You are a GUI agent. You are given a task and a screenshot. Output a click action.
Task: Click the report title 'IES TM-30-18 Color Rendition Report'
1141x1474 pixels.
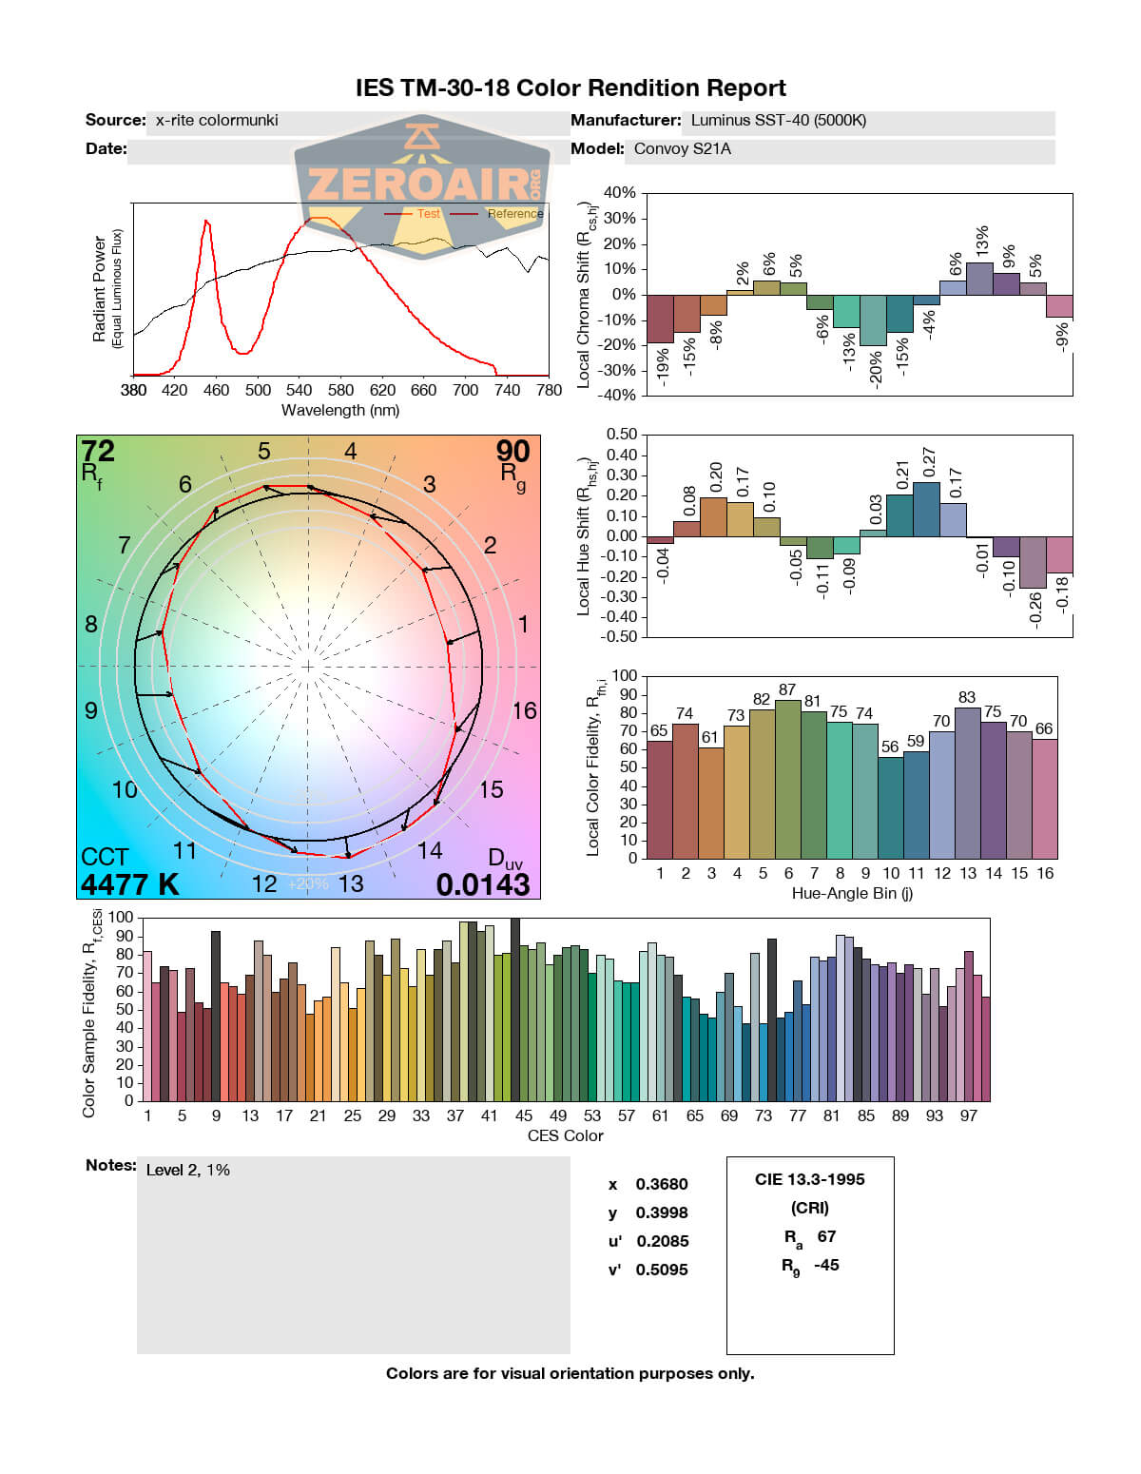tap(570, 88)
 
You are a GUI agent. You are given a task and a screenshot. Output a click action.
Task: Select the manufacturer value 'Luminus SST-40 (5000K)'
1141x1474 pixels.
tap(778, 121)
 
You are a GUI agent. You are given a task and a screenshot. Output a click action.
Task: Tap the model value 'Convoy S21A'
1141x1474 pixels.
tap(682, 149)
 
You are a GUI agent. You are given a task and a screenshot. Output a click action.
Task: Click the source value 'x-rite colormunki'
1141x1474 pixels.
tap(217, 121)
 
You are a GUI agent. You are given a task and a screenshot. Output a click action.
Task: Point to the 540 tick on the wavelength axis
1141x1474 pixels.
tap(299, 390)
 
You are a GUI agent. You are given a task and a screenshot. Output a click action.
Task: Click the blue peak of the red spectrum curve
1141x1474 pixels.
tap(205, 222)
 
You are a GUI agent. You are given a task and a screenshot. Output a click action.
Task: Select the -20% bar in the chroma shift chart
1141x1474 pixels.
tap(873, 320)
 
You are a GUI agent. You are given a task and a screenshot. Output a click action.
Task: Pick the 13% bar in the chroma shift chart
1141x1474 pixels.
tap(979, 279)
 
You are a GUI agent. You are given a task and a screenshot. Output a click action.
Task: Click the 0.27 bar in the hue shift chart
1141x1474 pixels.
tap(926, 509)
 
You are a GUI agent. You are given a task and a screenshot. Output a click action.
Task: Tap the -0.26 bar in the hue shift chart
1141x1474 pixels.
tap(1033, 562)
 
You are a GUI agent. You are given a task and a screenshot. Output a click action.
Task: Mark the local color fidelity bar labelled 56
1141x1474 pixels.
tap(891, 807)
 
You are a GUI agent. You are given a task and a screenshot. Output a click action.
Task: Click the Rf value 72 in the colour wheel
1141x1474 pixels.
tap(98, 451)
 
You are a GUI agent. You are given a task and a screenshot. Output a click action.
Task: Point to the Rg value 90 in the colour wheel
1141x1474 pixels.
tap(512, 451)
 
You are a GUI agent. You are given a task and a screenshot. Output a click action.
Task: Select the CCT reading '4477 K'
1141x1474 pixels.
tap(129, 884)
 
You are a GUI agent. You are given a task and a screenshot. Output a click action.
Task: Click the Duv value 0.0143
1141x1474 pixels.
tap(482, 884)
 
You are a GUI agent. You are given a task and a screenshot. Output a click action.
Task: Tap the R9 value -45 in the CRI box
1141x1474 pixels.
tap(826, 1265)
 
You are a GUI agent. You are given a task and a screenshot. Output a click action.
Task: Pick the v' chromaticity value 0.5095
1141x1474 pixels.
tap(662, 1270)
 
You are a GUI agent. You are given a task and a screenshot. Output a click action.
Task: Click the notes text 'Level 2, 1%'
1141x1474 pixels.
tap(188, 1170)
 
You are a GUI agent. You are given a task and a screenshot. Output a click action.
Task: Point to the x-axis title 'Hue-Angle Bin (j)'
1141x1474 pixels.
tap(852, 894)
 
